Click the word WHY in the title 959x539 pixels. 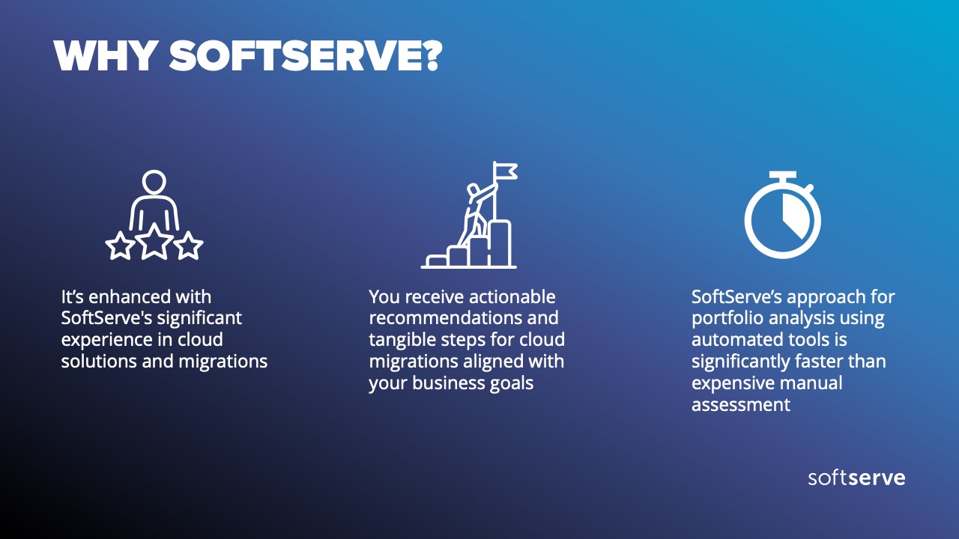pos(104,55)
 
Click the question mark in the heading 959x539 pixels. pos(430,55)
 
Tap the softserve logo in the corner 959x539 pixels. pos(856,478)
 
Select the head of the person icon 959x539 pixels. pos(154,182)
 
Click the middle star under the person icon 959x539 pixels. pos(154,242)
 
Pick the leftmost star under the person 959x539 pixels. pos(121,246)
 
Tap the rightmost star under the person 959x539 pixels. pos(188,246)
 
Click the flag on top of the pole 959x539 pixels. pos(506,171)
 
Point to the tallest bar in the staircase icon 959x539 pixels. pos(500,244)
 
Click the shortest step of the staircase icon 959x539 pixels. pos(437,261)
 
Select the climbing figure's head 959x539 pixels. pos(473,189)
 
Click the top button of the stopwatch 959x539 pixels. pos(783,176)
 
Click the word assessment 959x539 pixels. pos(741,405)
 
